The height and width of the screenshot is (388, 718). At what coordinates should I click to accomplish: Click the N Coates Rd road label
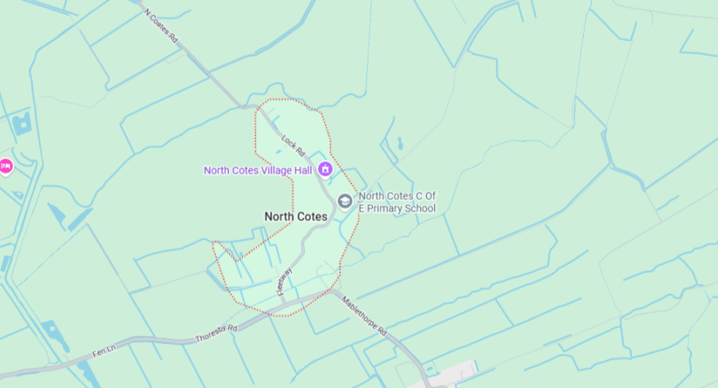pos(162,26)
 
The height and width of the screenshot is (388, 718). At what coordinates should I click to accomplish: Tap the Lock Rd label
pos(293,145)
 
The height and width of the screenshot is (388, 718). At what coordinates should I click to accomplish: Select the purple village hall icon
pos(325,169)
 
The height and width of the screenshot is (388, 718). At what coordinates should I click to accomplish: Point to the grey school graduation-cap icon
pos(345,201)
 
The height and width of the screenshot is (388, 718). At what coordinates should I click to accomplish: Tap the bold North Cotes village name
pos(295,216)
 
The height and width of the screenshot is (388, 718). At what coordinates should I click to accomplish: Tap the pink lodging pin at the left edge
pos(6,166)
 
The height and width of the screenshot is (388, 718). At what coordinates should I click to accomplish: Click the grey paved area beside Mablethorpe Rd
pos(458,375)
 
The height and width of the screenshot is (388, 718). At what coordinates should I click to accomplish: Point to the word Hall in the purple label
pos(307,170)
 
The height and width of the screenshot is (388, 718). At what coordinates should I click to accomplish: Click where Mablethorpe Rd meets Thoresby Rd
pos(331,289)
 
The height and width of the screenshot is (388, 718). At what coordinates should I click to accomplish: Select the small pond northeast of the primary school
pos(400,145)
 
